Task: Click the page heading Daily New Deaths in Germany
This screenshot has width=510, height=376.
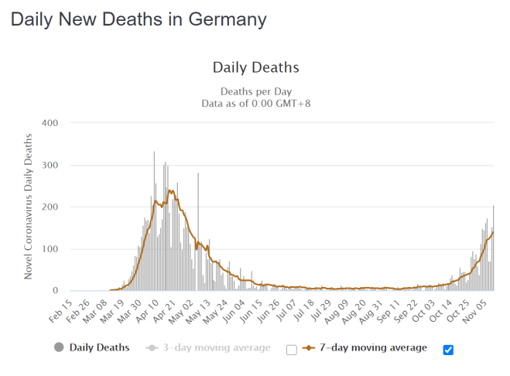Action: [139, 19]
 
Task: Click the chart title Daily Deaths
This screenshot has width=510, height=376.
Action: [255, 67]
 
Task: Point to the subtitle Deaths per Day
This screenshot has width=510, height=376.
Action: [255, 91]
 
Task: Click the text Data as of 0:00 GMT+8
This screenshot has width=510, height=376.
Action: [255, 103]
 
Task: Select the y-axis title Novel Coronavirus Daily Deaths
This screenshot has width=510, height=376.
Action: [29, 207]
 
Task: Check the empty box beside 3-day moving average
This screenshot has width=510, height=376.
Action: [291, 350]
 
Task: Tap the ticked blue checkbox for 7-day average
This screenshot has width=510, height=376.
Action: [448, 350]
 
